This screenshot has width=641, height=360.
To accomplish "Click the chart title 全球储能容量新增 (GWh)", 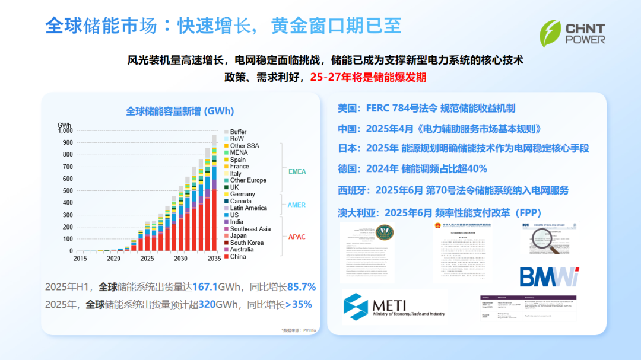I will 180,111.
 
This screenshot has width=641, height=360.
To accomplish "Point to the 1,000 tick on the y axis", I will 65,130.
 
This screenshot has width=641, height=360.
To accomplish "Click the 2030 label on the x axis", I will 180,259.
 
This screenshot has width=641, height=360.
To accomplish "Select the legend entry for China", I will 237,257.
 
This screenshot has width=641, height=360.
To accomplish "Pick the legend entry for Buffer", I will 237,132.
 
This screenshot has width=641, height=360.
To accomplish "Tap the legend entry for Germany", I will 242,194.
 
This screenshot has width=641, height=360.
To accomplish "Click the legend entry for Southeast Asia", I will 250,229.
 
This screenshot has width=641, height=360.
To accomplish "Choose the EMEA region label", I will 297,172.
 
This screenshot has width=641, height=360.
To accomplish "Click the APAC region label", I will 297,237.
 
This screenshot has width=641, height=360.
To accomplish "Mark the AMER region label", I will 297,205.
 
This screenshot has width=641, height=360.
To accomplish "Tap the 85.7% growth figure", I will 302,287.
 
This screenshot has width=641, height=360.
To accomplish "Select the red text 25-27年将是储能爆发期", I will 368,77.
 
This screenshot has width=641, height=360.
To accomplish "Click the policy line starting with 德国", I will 412,169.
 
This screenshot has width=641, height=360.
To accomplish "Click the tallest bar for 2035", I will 214,196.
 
